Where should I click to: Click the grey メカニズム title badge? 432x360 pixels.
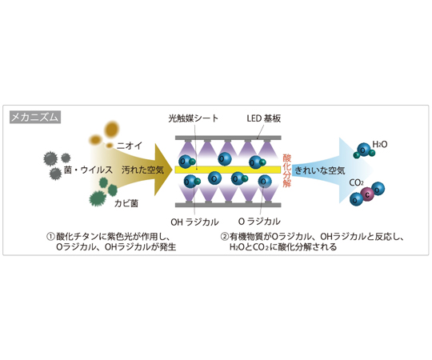pos(35,117)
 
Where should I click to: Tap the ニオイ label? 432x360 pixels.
pos(129,146)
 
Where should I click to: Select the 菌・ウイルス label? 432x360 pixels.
pos(88,170)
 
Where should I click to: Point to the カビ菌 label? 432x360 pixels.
pos(126,203)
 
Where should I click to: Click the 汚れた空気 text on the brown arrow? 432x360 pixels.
pos(142,170)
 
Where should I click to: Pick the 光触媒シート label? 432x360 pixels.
pos(193,118)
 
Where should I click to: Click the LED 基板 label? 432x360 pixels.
pos(264,118)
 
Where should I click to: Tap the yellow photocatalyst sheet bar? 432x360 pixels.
pos(228,170)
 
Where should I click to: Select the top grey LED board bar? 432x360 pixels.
pos(228,138)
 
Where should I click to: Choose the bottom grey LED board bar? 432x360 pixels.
pos(228,205)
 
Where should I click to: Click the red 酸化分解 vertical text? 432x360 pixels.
pos(287,170)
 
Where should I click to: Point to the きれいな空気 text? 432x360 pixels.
pos(319,170)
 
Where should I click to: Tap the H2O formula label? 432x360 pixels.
pos(380,144)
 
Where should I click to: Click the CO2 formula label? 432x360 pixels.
pos(356,182)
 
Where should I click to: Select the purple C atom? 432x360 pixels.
pos(367,194)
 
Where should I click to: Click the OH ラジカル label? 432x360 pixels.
pos(194,222)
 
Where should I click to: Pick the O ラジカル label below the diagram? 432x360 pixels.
pos(259,221)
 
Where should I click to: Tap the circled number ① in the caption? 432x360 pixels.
pos(50,236)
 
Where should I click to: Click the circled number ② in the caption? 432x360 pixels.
pos(225,236)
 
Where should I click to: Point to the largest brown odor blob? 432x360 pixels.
pos(111,130)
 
